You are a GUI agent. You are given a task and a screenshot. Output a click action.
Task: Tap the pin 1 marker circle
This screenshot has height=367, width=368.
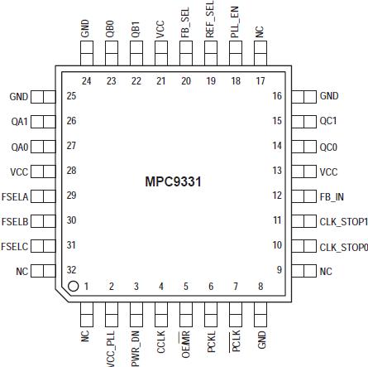(x=73, y=287)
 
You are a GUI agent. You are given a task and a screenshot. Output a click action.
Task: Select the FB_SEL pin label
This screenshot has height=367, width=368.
(x=185, y=19)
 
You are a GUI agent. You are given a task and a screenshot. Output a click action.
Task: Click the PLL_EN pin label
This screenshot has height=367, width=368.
(x=235, y=19)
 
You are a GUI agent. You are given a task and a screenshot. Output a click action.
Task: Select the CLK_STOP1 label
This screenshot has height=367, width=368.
(x=343, y=221)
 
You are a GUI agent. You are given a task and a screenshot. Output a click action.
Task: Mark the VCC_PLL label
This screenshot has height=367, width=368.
(x=110, y=345)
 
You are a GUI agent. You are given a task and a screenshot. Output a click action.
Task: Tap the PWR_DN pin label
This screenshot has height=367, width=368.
(x=136, y=345)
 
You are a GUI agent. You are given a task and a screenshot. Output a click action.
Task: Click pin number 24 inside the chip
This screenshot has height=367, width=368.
(x=85, y=81)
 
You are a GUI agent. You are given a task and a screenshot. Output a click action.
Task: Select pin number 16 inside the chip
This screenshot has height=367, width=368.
(x=278, y=96)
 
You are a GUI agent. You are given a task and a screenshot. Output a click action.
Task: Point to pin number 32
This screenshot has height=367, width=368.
(x=71, y=270)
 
